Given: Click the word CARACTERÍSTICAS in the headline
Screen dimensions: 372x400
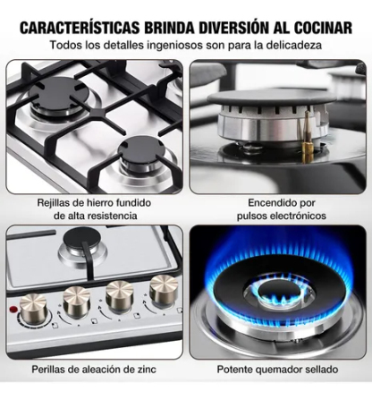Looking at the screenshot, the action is point(80,28).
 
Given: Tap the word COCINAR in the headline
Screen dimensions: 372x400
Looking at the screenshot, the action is point(323,28).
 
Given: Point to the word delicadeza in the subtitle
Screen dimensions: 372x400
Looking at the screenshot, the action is point(293,45).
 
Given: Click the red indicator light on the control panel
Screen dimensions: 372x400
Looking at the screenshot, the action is point(13,309).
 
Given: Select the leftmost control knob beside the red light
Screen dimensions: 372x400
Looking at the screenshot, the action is point(33,306).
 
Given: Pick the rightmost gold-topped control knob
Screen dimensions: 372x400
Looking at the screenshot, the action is point(164,289).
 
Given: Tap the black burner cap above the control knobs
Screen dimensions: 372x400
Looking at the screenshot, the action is point(80,238).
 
